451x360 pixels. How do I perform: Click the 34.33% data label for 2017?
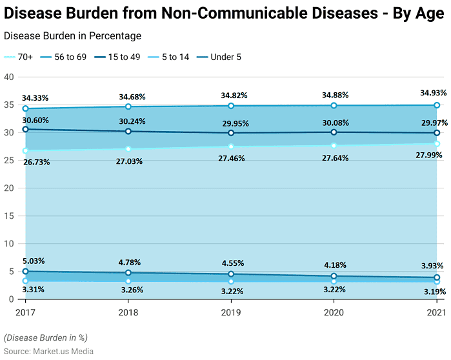point(35,98)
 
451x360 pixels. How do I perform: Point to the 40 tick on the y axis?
point(9,77)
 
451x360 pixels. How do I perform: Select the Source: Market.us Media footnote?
point(48,351)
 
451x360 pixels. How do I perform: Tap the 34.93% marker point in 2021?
point(437,105)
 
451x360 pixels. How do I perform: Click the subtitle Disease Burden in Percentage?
point(72,36)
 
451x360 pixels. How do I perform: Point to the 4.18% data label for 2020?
point(334,265)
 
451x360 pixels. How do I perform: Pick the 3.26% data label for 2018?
point(132,290)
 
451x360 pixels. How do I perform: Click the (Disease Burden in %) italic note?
point(45,337)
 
